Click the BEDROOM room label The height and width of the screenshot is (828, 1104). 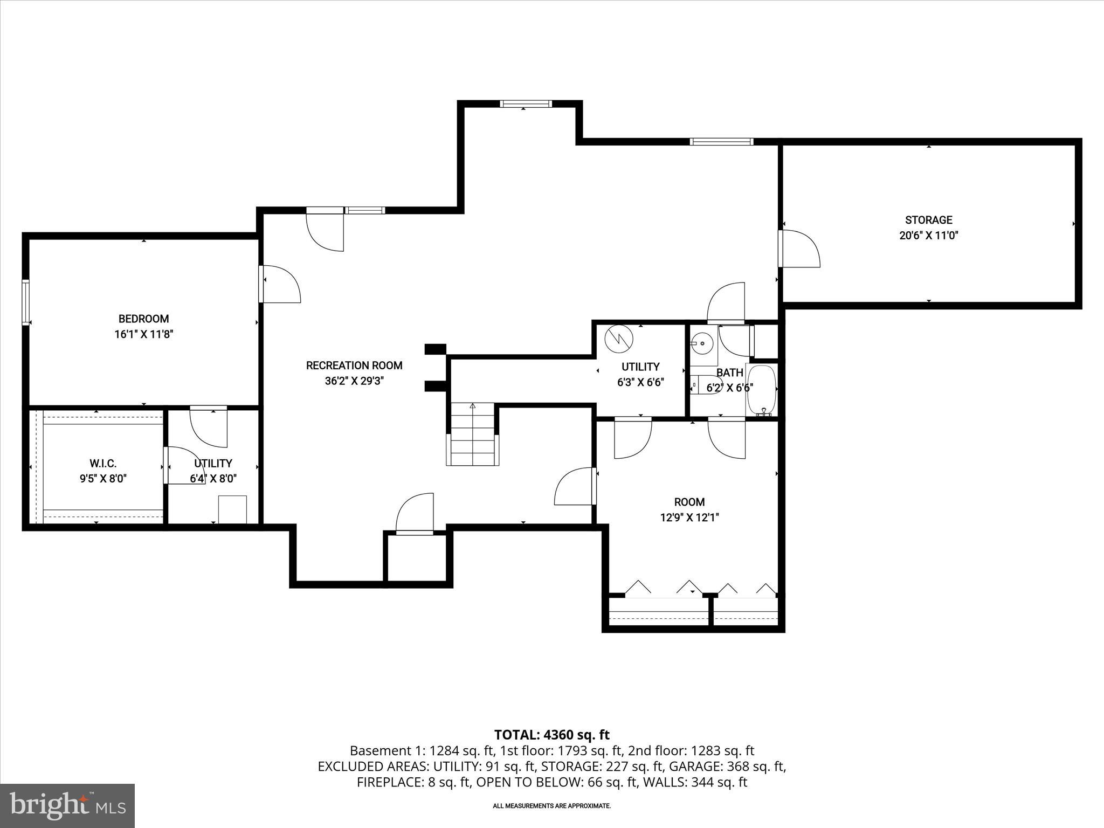click(143, 319)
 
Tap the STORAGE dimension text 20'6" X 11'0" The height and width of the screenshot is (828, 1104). click(928, 236)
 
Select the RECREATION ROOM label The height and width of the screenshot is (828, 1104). click(354, 365)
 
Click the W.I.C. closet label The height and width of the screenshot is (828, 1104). click(103, 464)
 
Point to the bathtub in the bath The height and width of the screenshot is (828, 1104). click(761, 389)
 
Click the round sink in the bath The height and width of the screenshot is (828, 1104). click(702, 342)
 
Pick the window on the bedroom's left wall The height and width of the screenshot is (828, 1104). click(25, 302)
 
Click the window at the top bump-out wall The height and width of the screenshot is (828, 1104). click(525, 103)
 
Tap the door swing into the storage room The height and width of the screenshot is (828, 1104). click(800, 249)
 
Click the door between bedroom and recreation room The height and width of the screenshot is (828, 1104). click(279, 284)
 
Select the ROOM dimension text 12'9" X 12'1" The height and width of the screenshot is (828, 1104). click(689, 518)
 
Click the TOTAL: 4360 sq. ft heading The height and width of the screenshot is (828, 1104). click(551, 735)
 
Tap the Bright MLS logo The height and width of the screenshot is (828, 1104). click(67, 805)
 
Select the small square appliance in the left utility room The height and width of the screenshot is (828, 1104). click(232, 509)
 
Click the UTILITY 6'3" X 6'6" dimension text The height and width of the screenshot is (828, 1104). click(640, 383)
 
